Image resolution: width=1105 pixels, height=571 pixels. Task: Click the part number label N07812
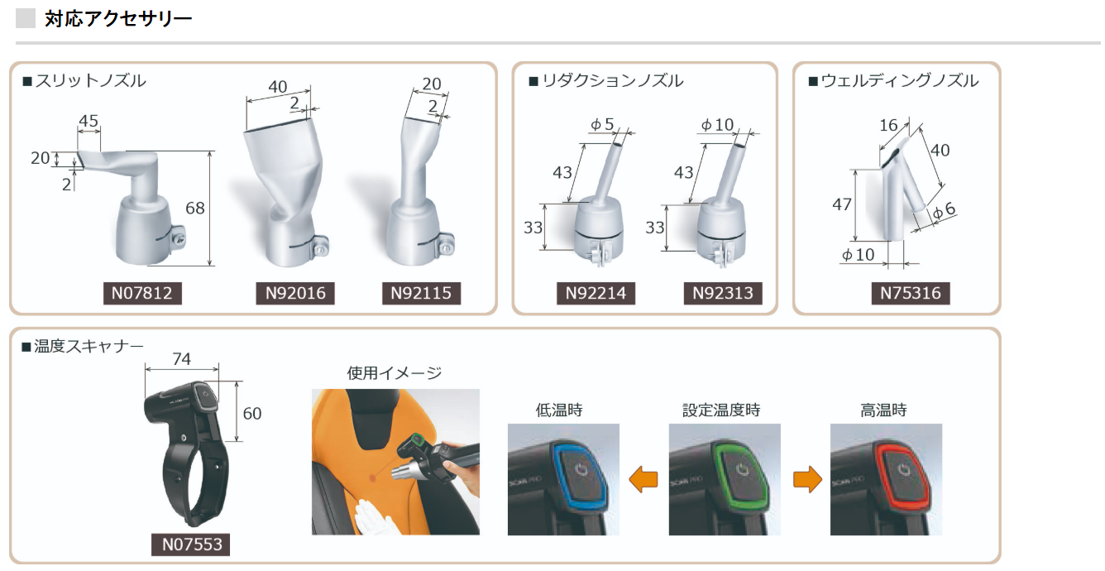142,293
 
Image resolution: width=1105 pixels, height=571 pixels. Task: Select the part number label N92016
295,293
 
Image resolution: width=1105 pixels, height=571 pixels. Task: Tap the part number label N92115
421,293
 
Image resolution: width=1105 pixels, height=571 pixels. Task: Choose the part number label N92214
596,293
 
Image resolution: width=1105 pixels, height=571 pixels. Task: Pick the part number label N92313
722,293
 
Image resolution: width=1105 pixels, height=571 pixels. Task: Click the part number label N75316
910,293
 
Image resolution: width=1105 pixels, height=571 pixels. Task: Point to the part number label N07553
191,544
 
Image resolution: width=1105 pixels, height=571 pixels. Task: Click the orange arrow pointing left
643,479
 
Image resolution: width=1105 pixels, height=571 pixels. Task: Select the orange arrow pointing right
806,479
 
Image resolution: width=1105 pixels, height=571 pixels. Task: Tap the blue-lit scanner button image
563,479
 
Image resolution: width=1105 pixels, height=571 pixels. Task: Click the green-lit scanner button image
724,479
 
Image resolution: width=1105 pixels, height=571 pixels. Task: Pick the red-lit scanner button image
886,479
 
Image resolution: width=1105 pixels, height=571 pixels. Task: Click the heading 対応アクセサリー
118,17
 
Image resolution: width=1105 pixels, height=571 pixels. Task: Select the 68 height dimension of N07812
195,209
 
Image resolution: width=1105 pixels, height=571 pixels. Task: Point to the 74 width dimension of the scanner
182,358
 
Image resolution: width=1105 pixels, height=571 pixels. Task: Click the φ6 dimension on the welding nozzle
944,211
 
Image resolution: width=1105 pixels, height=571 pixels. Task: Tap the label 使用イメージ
395,373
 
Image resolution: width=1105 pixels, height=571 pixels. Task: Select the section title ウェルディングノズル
900,81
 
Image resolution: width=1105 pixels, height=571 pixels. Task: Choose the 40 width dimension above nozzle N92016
278,87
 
